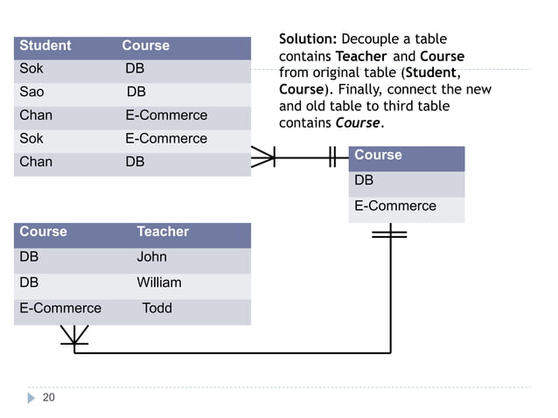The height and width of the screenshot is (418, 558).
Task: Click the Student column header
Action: [45, 45]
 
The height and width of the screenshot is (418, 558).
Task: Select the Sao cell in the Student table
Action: [31, 92]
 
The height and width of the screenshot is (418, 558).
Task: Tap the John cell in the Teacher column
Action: [151, 257]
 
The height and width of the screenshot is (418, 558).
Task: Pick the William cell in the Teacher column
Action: [158, 282]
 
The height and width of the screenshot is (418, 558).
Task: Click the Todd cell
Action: [157, 308]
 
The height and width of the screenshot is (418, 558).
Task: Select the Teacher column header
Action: [163, 232]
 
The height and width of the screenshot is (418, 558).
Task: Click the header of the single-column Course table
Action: [378, 156]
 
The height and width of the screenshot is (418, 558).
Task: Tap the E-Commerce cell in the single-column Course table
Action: [394, 206]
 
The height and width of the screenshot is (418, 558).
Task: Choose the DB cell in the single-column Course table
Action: [364, 180]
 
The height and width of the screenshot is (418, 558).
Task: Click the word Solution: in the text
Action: [307, 39]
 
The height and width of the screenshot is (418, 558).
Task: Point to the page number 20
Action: [49, 398]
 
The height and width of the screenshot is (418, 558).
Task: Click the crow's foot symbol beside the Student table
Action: [262, 157]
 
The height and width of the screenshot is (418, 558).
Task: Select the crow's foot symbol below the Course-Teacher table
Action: [74, 336]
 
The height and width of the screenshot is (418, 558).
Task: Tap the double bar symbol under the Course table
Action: [389, 233]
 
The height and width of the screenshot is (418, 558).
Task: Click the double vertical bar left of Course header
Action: [332, 157]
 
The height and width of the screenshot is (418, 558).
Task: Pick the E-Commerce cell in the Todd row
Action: [60, 308]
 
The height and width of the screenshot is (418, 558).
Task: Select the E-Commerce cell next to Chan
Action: [166, 115]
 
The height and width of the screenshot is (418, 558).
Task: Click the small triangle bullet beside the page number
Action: [31, 399]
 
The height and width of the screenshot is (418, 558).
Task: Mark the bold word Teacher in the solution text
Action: [361, 56]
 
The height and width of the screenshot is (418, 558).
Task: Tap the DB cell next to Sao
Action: [136, 92]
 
